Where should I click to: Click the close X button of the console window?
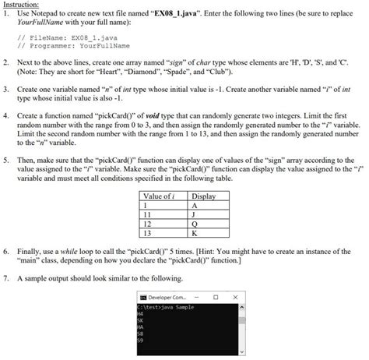pyautogui.click(x=235, y=297)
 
